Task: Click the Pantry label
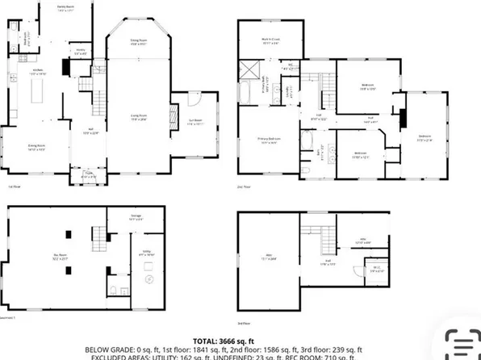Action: click(x=81, y=51)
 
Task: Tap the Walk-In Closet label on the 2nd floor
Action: click(x=270, y=40)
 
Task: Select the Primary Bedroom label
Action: click(x=268, y=140)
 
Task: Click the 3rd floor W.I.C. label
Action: click(x=377, y=270)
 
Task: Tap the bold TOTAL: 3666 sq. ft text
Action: click(x=240, y=342)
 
